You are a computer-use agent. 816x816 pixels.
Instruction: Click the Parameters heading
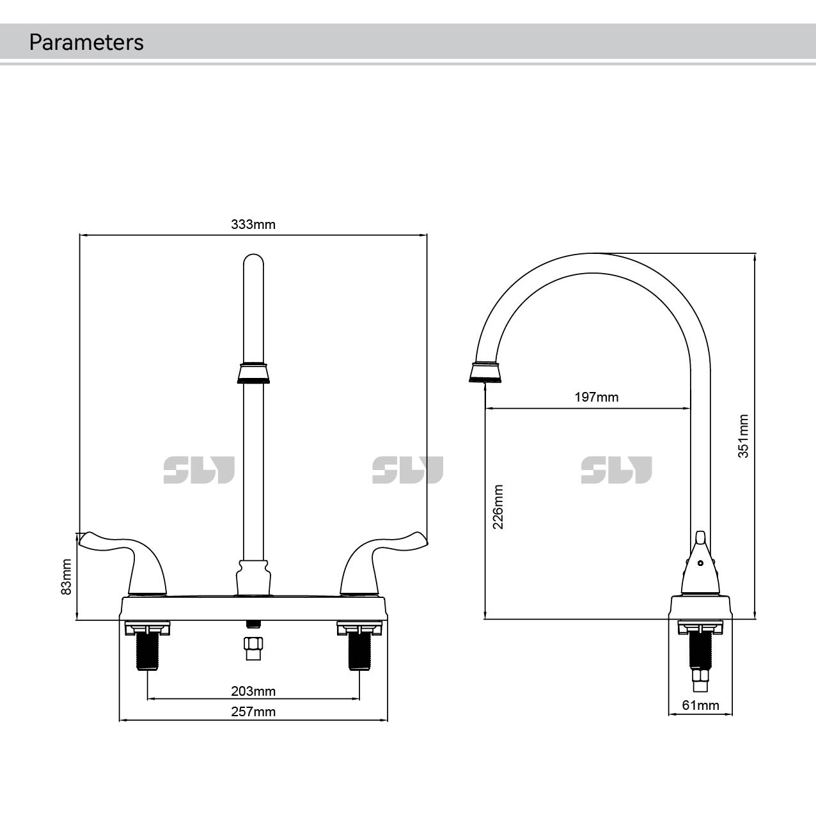[86, 42]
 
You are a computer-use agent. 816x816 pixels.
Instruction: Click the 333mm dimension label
[253, 224]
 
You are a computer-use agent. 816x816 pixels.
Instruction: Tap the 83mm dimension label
[66, 577]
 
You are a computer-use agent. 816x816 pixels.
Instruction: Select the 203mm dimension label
[253, 691]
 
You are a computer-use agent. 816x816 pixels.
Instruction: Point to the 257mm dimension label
[253, 712]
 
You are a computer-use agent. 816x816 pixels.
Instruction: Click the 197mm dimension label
[596, 397]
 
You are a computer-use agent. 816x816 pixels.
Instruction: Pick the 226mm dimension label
[498, 506]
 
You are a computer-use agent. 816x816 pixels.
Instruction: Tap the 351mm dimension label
[743, 436]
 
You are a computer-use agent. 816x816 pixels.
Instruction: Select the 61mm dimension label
[700, 705]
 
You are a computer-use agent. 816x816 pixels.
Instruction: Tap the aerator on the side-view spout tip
[486, 372]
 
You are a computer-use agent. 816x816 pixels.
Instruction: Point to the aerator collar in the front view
[254, 373]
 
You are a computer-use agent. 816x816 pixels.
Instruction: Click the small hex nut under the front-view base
[253, 647]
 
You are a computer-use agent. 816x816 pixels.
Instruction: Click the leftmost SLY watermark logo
[199, 470]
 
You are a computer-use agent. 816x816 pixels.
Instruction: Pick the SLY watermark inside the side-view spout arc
[616, 470]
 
